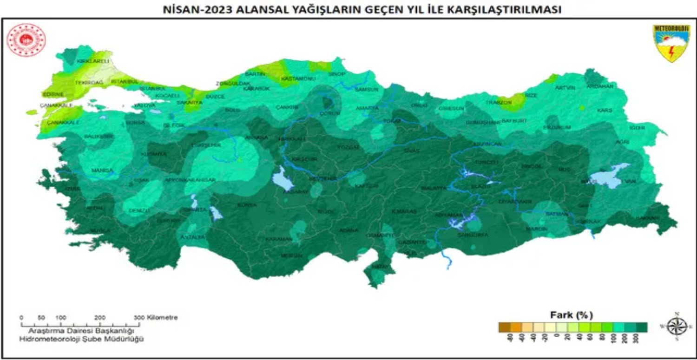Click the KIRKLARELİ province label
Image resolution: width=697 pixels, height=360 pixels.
coord(86,61)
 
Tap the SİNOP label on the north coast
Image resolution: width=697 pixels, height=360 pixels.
coord(337,73)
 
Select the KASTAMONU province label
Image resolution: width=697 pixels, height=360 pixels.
coord(298,79)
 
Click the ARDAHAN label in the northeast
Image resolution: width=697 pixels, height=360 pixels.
coord(600,86)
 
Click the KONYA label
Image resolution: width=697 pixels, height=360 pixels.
coord(247,205)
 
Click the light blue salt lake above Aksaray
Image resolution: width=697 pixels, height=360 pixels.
coord(280,177)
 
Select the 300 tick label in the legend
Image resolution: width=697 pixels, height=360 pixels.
coord(643,339)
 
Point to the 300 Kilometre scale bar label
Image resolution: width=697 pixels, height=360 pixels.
coord(157,318)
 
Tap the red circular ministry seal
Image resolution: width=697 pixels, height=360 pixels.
coord(26,40)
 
